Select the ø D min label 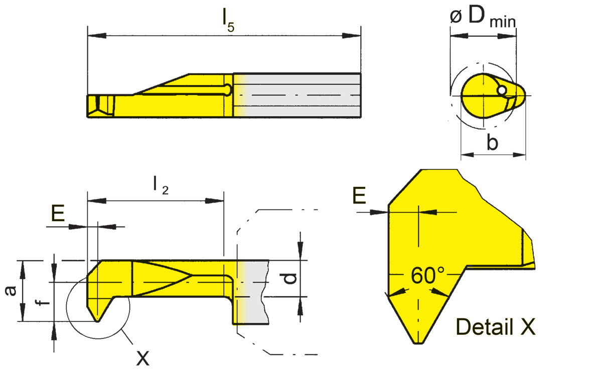(x=483, y=17)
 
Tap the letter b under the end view (x=492, y=143)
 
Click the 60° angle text (x=427, y=276)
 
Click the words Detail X (x=496, y=327)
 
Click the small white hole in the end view (x=502, y=90)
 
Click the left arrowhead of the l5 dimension (x=93, y=36)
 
